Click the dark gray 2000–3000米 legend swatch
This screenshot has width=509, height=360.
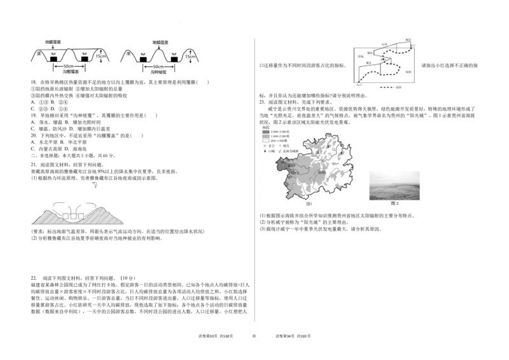click(265, 131)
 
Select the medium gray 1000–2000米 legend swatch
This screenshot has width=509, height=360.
click(265, 136)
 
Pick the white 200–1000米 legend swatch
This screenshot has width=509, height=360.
click(265, 141)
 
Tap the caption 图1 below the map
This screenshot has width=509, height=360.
click(309, 204)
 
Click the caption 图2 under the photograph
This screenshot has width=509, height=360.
click(394, 204)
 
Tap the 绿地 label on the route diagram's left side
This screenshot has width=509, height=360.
click(361, 56)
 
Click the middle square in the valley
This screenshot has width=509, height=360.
click(73, 217)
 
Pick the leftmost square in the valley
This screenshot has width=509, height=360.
click(66, 217)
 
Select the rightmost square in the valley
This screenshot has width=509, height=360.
click(81, 217)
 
